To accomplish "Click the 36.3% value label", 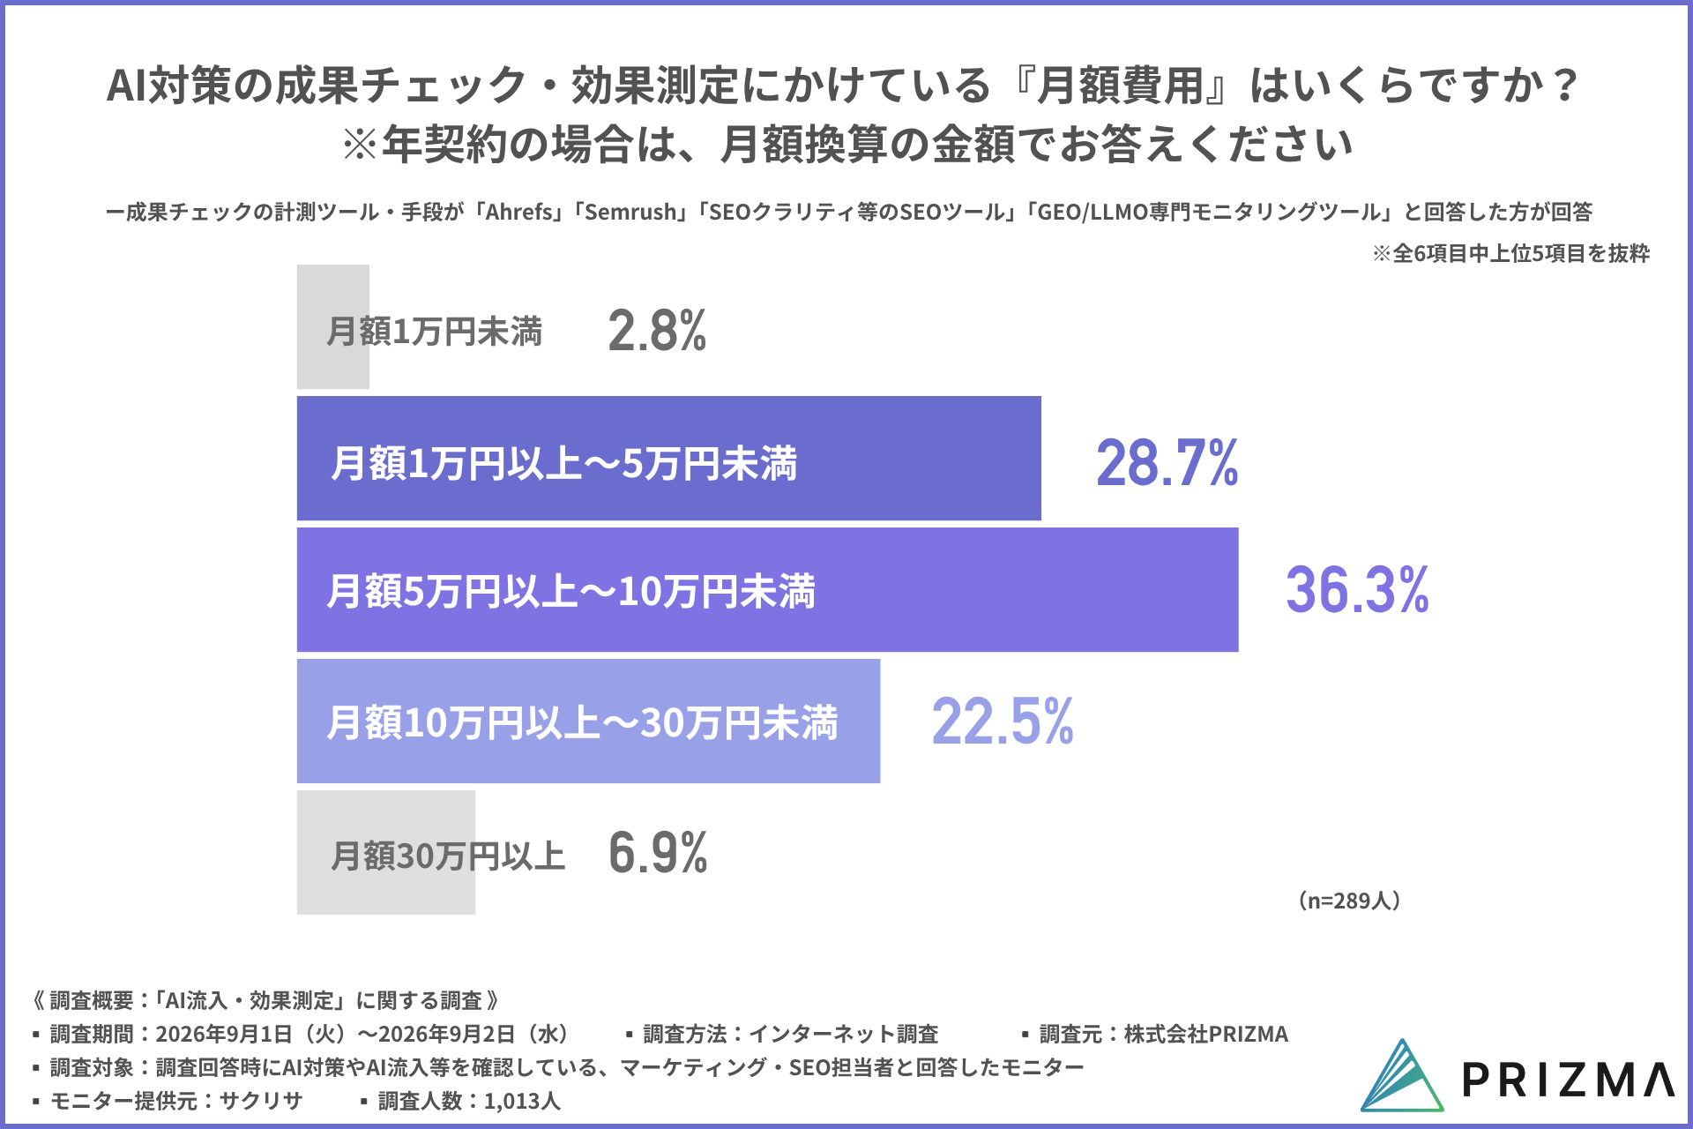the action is [x=1357, y=590].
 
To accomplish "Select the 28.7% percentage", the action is [x=1167, y=463].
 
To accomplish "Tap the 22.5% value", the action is [x=1003, y=722].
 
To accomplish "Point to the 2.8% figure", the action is [x=657, y=331].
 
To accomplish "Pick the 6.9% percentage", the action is [x=658, y=853].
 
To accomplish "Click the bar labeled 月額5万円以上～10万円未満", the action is [x=767, y=590].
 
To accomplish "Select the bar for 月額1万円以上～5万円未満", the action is [x=668, y=459].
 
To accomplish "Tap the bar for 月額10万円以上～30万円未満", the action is [x=588, y=721].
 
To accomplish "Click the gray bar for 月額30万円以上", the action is [x=386, y=852].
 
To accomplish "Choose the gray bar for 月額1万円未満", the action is [x=333, y=327].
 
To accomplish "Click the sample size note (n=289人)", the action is [x=1349, y=901].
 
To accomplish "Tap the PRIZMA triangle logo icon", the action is [x=1402, y=1075].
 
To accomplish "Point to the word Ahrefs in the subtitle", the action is [x=519, y=213].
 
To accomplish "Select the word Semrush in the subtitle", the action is [x=630, y=213].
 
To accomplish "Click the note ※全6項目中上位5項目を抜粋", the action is [x=1510, y=253].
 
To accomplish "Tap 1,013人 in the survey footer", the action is [x=522, y=1101].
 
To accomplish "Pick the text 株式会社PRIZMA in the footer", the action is [x=1206, y=1034].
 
